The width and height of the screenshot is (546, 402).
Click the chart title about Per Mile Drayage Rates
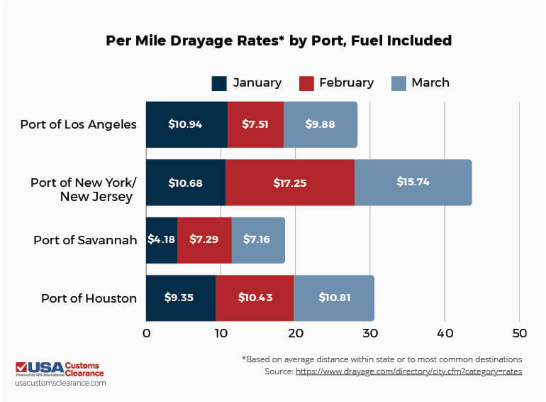278,40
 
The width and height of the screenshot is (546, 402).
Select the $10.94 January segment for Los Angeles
186,124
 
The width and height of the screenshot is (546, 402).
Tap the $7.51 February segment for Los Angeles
255,124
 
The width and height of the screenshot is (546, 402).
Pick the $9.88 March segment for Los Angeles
320,124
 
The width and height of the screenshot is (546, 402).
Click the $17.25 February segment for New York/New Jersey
290,183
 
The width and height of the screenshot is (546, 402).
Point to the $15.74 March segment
413,183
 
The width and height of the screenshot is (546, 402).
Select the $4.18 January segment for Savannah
162,240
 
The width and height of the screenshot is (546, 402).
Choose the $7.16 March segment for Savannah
258,240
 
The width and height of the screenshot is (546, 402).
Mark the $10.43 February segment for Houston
255,298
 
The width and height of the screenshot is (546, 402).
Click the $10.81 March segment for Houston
334,298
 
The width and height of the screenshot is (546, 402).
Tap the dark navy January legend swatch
219,83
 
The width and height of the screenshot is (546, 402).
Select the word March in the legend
430,82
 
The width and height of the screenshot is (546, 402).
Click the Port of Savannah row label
85,240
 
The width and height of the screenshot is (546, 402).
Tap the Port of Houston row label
89,298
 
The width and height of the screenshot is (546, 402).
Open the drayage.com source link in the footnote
409,371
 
